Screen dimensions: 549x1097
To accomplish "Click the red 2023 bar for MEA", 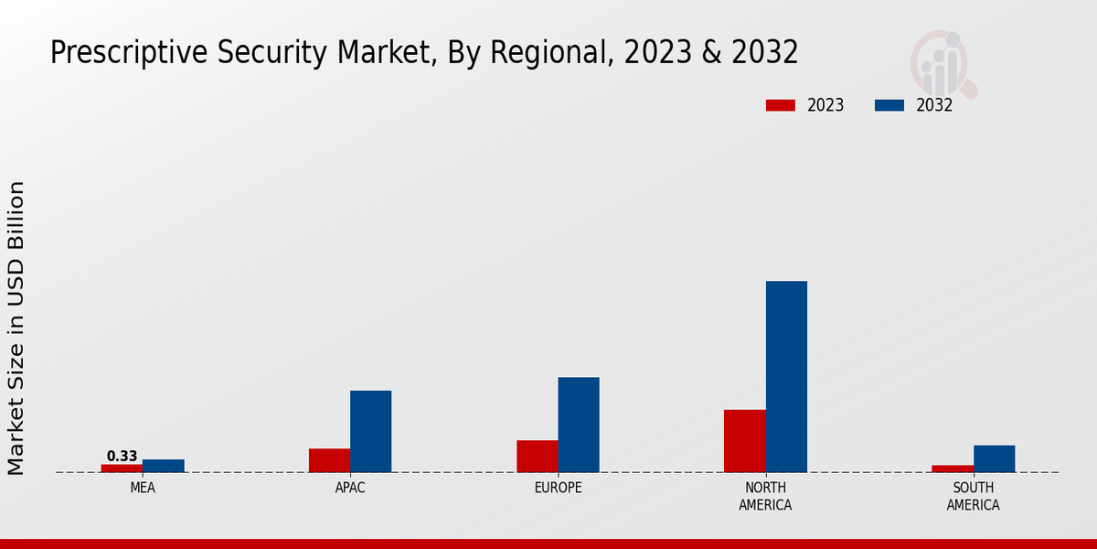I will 122,468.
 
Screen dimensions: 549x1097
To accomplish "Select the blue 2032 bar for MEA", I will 163,466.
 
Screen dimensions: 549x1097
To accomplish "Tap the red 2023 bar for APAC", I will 329,460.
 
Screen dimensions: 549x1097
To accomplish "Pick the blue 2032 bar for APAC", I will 370,431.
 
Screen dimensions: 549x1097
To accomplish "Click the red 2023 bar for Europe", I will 537,456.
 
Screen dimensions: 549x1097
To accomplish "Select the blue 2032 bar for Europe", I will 579,425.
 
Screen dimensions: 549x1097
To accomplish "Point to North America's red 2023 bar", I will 744,440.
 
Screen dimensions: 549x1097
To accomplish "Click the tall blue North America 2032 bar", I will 786,376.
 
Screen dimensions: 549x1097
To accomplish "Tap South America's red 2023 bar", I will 953,468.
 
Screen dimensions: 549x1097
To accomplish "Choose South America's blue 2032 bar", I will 994,458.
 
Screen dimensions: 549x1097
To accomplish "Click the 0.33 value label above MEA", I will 122,456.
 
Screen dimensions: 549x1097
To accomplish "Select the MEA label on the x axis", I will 143,488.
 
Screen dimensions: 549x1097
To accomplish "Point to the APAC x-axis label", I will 350,488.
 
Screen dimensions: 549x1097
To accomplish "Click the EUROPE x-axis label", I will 558,488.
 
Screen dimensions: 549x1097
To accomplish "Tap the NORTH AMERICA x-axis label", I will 765,496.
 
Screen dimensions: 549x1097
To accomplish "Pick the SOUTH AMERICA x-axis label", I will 973,496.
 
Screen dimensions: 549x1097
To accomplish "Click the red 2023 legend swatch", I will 780,105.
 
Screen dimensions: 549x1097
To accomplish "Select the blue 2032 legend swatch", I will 889,105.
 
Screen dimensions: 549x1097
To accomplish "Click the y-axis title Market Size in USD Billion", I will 16,328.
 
